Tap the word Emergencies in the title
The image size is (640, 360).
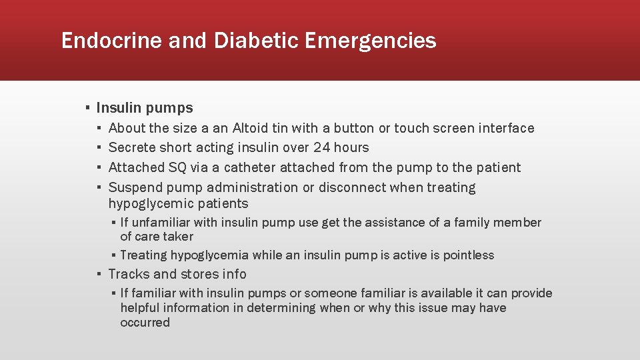tap(371, 41)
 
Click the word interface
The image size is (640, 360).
tap(507, 128)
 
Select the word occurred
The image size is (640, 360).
tap(145, 323)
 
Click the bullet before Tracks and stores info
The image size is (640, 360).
tap(99, 274)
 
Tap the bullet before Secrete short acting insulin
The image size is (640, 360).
tap(99, 147)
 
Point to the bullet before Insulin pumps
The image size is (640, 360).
tap(87, 108)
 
